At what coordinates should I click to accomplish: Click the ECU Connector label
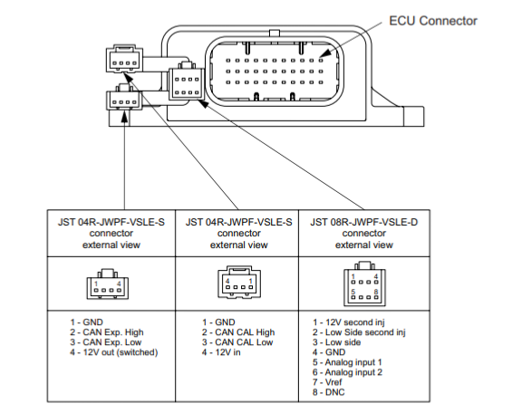[433, 21]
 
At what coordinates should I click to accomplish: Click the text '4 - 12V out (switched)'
[113, 352]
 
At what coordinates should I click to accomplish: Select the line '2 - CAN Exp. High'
[107, 332]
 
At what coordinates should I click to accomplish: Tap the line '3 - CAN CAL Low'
[237, 342]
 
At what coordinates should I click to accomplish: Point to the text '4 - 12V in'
[221, 352]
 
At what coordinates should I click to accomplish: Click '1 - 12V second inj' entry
[349, 322]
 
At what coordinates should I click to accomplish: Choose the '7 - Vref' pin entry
[327, 382]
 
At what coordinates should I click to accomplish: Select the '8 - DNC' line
[328, 392]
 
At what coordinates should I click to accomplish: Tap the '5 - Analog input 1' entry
[347, 362]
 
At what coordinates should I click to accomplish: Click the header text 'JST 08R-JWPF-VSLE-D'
[363, 222]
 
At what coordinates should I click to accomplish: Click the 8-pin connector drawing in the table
[364, 283]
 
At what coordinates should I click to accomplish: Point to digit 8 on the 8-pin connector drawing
[376, 292]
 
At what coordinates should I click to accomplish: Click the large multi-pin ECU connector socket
[275, 71]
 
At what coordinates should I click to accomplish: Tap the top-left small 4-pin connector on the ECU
[124, 59]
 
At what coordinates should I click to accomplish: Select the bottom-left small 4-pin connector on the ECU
[124, 98]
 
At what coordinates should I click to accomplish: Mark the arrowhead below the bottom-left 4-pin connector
[124, 117]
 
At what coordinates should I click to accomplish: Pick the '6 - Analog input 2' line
[347, 372]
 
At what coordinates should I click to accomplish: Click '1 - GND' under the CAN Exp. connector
[86, 322]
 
